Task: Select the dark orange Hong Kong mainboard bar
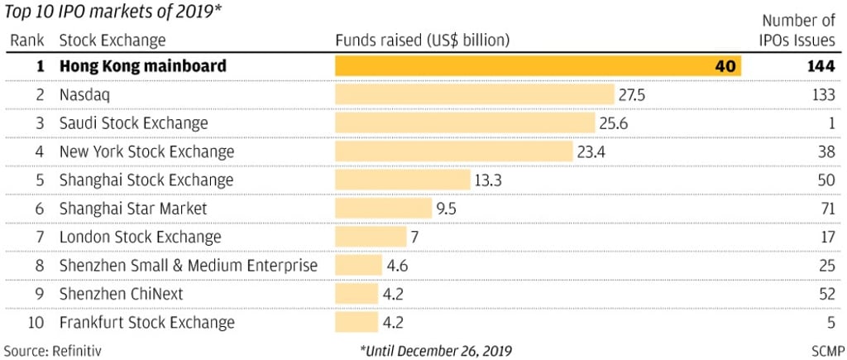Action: [538, 65]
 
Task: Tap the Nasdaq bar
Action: [475, 94]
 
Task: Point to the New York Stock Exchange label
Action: [146, 151]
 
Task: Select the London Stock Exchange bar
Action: [371, 237]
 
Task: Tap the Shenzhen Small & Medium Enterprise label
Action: [189, 266]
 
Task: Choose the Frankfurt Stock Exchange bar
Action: [357, 323]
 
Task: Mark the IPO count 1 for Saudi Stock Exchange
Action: [830, 122]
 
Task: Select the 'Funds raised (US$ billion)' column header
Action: [422, 40]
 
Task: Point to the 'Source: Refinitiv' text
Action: [54, 350]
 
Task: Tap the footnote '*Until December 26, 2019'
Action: [436, 350]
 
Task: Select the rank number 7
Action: [39, 237]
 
